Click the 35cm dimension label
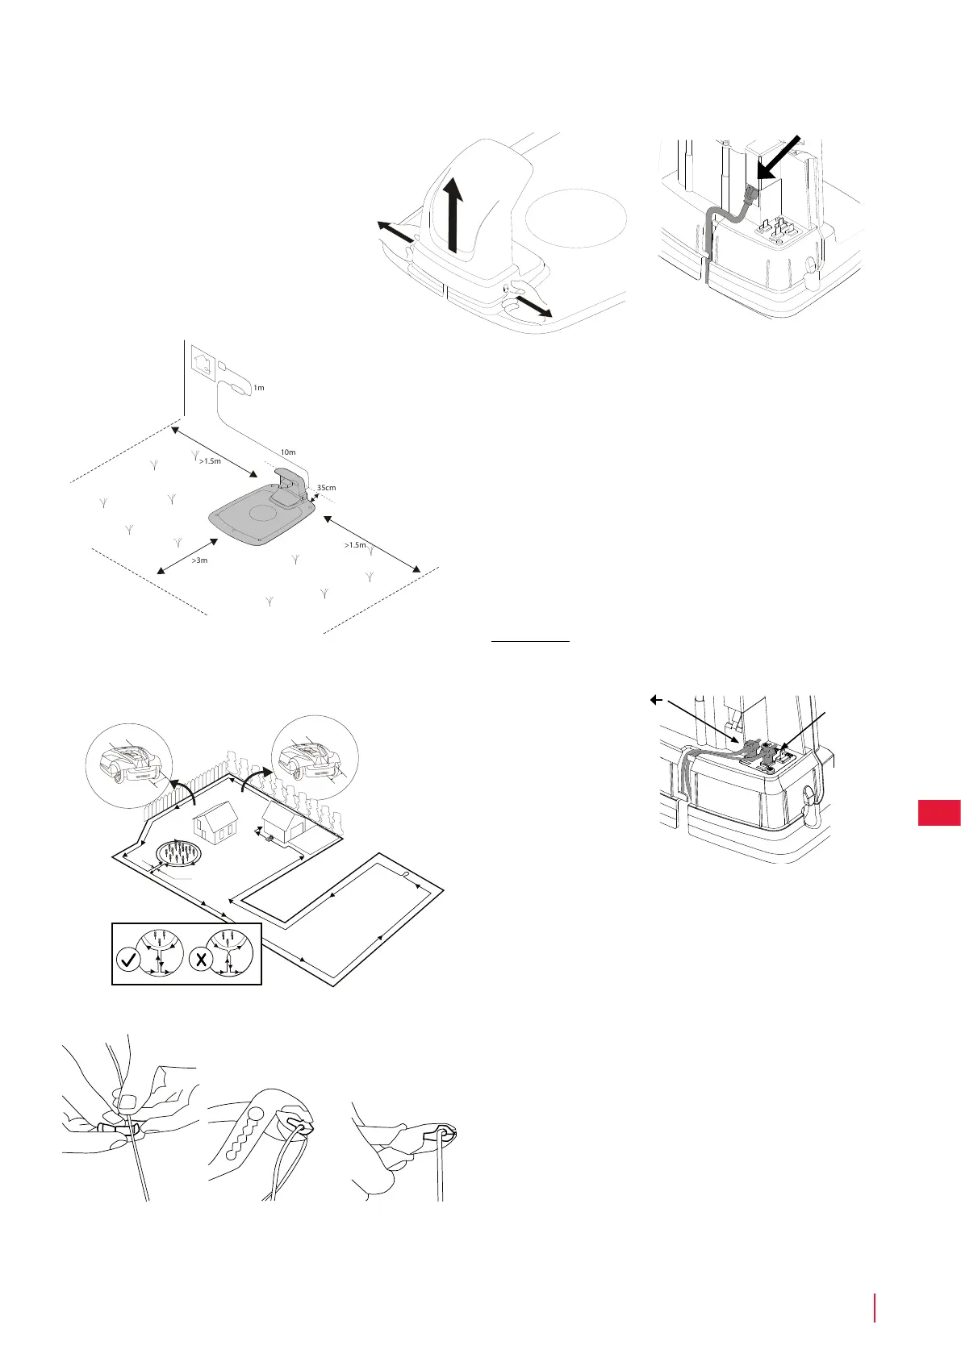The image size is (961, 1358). pos(327,488)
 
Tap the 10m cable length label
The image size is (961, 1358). pos(287,452)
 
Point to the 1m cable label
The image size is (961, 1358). pos(259,388)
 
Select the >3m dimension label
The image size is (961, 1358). pos(198,560)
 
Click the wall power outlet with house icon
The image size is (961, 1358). pos(201,358)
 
